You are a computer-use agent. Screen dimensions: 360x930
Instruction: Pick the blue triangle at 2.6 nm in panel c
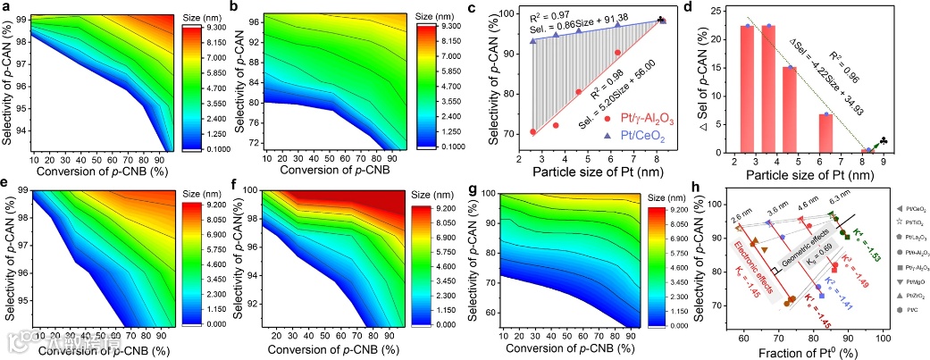click(x=533, y=41)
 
